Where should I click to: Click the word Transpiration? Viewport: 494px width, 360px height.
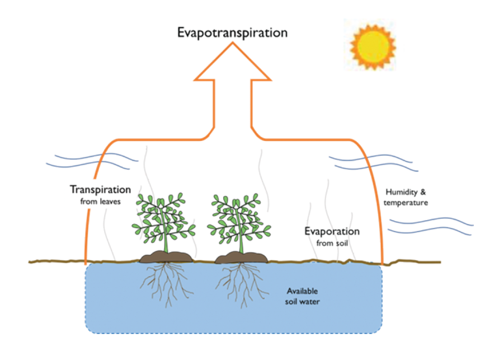click(x=101, y=189)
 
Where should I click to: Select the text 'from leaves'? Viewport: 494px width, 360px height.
click(x=101, y=200)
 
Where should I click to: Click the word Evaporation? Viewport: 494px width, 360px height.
click(x=332, y=231)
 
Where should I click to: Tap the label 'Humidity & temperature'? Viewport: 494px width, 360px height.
click(x=407, y=197)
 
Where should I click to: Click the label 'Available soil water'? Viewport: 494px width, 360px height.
click(x=303, y=296)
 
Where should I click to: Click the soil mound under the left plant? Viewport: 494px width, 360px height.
click(x=166, y=257)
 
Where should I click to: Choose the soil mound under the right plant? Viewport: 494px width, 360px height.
click(x=242, y=258)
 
